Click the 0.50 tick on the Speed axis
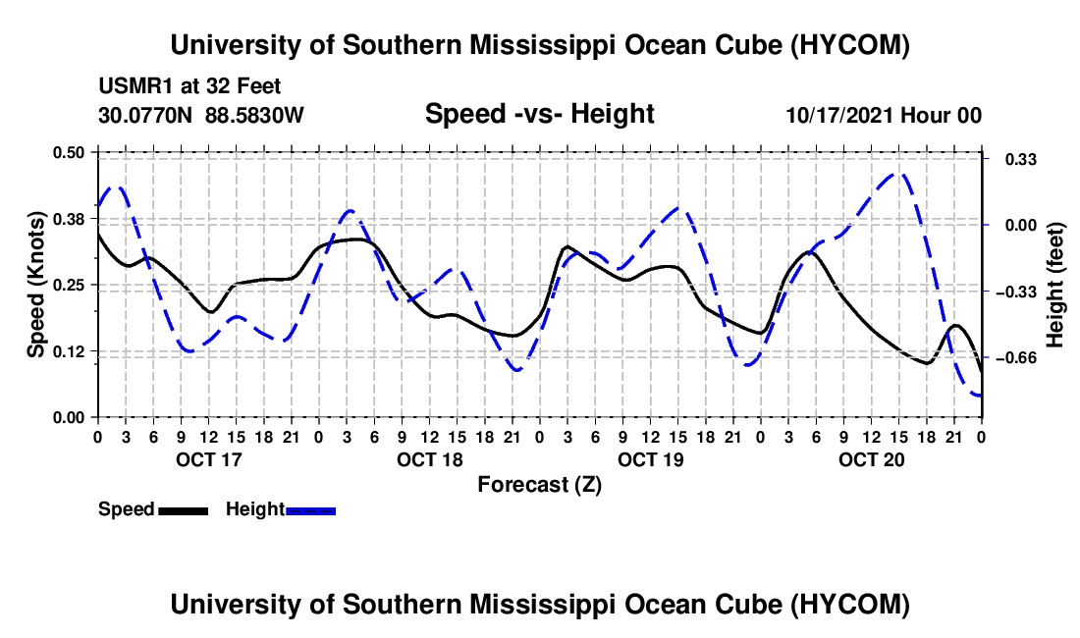tap(69, 152)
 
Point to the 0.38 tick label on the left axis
tap(69, 219)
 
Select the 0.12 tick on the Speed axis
tap(69, 351)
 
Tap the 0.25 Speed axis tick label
tap(69, 285)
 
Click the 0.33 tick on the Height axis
tap(1021, 160)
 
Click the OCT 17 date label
tap(209, 459)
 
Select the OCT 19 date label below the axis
tap(651, 459)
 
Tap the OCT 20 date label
tap(871, 459)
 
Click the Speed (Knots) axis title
tap(35, 285)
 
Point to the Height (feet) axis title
tap(1055, 285)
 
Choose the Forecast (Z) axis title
tap(540, 485)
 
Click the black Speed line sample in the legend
tap(184, 511)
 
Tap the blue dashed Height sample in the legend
tap(310, 511)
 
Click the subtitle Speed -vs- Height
tap(540, 114)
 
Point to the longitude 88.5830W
tap(254, 115)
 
